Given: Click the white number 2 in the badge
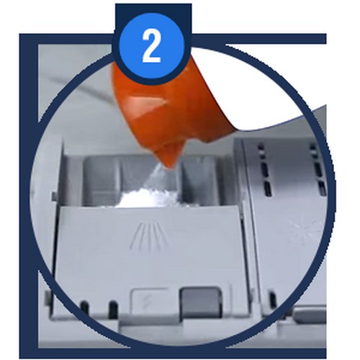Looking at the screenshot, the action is (151, 48).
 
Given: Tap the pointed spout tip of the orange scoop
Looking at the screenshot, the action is (171, 166).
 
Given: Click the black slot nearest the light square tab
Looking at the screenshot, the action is (113, 309).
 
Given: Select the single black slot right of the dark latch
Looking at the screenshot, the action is (273, 300).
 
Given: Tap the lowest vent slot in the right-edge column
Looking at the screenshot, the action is (321, 189).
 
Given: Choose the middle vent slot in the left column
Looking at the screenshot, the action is (264, 169).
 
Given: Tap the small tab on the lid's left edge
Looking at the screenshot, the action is (55, 197).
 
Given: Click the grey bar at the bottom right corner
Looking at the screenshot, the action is (310, 312).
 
